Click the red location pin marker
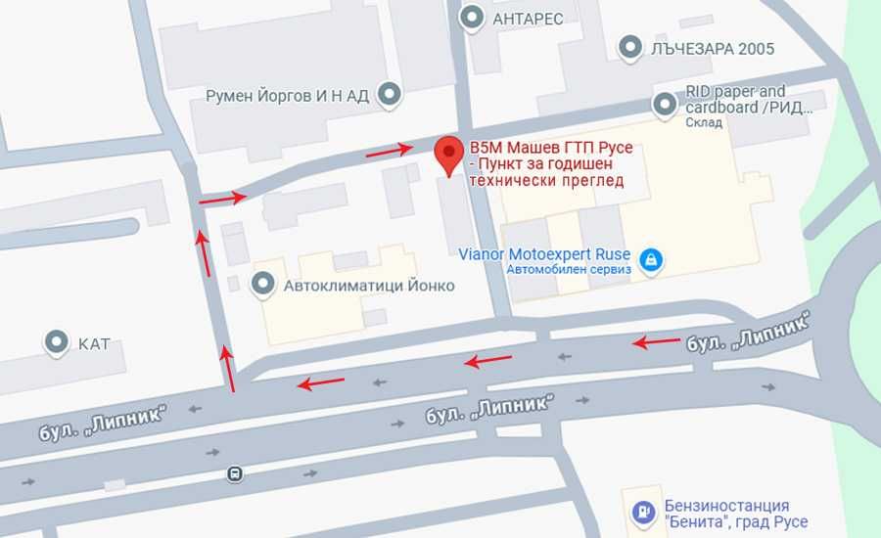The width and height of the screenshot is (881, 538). (449, 155)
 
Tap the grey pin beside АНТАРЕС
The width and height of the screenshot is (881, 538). (474, 18)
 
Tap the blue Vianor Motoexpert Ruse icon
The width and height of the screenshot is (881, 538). (649, 260)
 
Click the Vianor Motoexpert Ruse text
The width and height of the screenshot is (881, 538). (545, 254)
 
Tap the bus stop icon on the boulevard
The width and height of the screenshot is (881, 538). (235, 473)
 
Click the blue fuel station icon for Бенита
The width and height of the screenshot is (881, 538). (642, 512)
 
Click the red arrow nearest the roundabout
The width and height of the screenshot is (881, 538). (656, 341)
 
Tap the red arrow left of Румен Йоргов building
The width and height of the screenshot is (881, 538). (222, 199)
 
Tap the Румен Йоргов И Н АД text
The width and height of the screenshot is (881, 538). (287, 96)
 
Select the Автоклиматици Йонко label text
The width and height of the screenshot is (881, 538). (369, 287)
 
